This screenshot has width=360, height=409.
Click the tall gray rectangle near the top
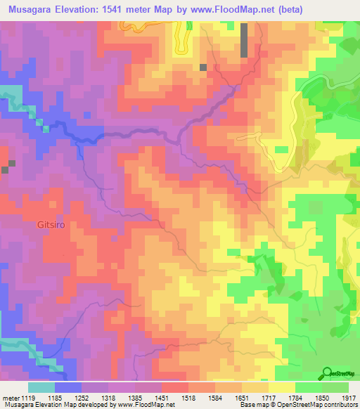click(244, 40)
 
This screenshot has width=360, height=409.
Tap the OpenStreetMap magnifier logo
click(328, 373)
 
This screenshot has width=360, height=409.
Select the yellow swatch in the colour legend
click(281, 387)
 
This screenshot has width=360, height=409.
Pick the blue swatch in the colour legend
click(67, 387)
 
